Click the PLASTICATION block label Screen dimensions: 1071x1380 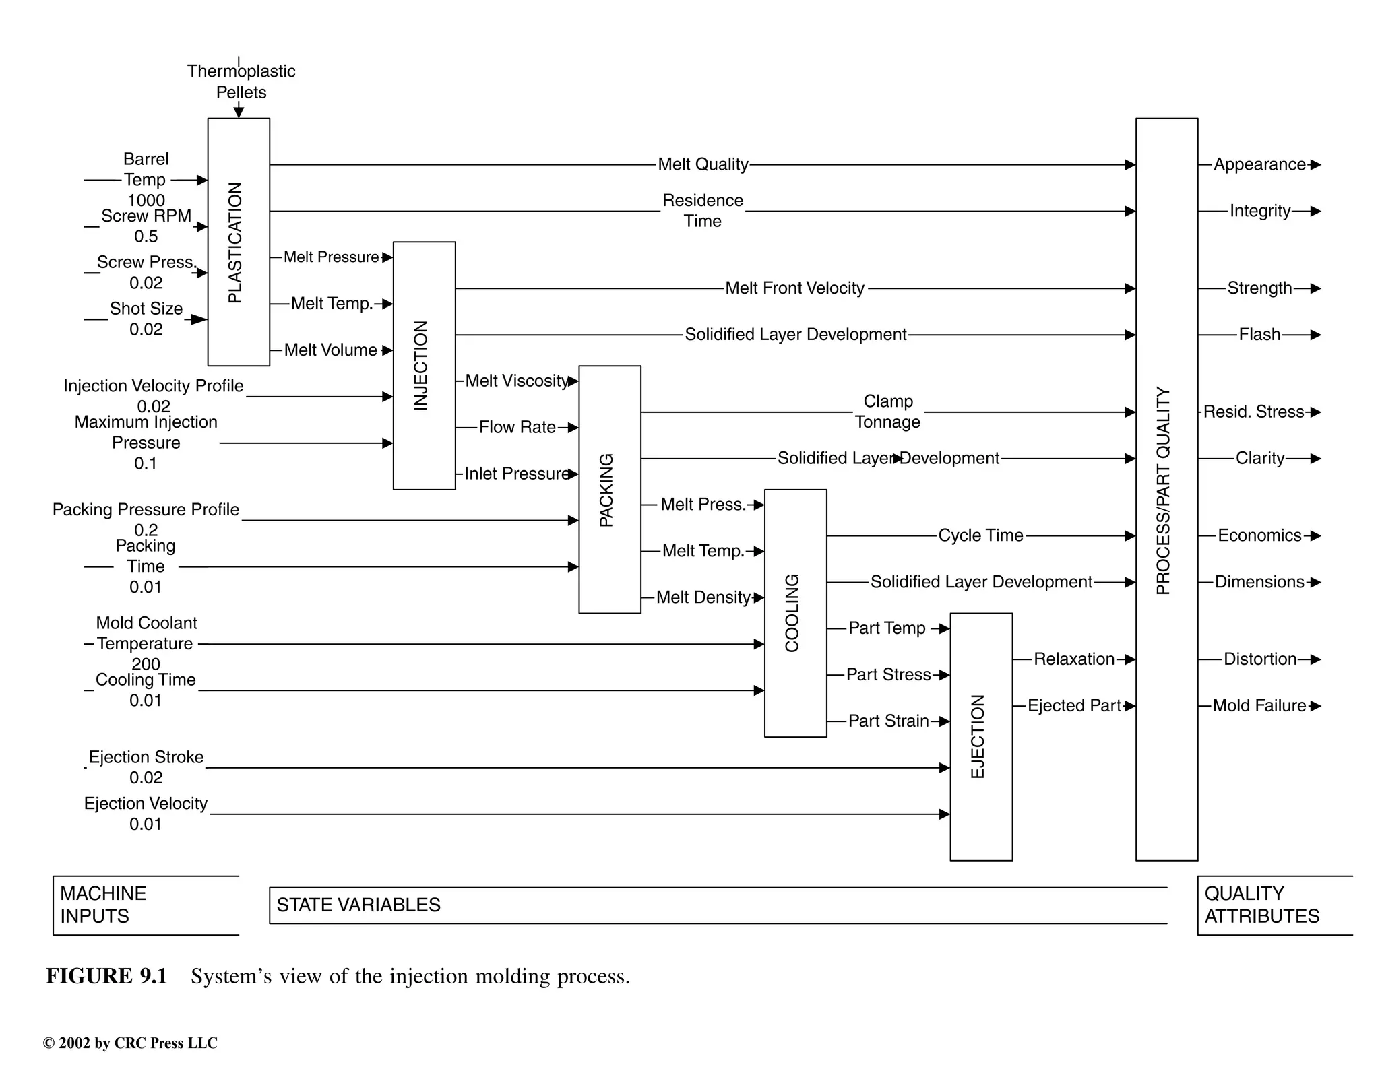234,242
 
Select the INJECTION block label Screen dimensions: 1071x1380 420,365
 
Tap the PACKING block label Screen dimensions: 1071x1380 606,490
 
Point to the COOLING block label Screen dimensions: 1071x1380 792,613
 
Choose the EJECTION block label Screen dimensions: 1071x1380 978,736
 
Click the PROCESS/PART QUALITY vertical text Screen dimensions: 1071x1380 1163,490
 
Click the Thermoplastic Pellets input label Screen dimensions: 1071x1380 241,82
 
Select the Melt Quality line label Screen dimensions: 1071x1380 703,164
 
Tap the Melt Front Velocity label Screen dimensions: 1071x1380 794,288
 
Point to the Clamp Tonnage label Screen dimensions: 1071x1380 887,412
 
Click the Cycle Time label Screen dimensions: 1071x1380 980,535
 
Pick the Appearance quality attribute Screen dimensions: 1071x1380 1259,164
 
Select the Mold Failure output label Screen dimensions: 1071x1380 1259,705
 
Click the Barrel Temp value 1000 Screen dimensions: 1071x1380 146,200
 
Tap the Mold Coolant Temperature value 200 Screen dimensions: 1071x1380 146,663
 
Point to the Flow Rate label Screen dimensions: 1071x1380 517,427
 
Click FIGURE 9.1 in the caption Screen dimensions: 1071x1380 106,976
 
